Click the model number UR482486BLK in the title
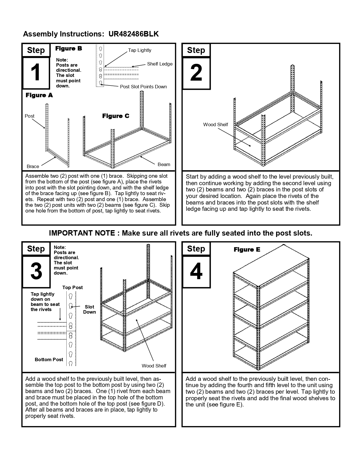tap(133, 34)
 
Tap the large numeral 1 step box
tap(36, 73)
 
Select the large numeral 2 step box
tap(196, 73)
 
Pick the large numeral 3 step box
tap(36, 271)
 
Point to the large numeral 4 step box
tap(196, 271)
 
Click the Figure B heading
tap(69, 48)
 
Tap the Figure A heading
tap(39, 95)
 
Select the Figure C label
tap(116, 116)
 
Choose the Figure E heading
tap(247, 250)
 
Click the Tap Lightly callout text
tap(140, 50)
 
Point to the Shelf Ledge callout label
tap(160, 64)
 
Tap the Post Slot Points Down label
tap(143, 87)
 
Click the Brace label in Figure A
tap(33, 166)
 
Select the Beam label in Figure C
tap(164, 164)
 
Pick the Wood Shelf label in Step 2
tap(216, 124)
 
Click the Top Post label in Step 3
tap(73, 288)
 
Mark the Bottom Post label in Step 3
tap(49, 360)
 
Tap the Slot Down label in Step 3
tap(89, 309)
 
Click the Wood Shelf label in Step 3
tap(154, 366)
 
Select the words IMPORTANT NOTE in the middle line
tap(82, 233)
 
